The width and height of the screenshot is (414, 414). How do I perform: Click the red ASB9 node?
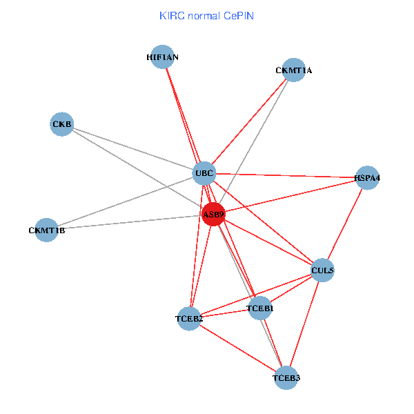pos(213,215)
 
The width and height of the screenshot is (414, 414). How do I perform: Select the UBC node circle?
pos(204,172)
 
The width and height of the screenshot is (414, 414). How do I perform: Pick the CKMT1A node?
pos(294,70)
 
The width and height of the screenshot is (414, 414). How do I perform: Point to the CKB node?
pos(62,124)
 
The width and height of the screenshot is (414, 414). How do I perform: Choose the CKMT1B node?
pos(46,230)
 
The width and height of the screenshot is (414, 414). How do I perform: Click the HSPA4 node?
pos(367,177)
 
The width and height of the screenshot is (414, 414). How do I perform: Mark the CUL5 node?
pos(322,270)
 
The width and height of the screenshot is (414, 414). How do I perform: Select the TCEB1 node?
pos(259,308)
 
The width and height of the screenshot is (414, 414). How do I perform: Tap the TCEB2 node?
pos(189,318)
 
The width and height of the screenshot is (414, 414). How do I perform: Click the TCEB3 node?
pos(286,377)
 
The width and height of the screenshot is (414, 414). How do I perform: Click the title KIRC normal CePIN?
pos(207,15)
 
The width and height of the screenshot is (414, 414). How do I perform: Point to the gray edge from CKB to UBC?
pos(131,148)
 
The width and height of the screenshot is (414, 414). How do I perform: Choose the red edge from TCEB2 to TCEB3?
pos(237,348)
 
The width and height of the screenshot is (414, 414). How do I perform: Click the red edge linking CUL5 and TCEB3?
pos(304,324)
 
